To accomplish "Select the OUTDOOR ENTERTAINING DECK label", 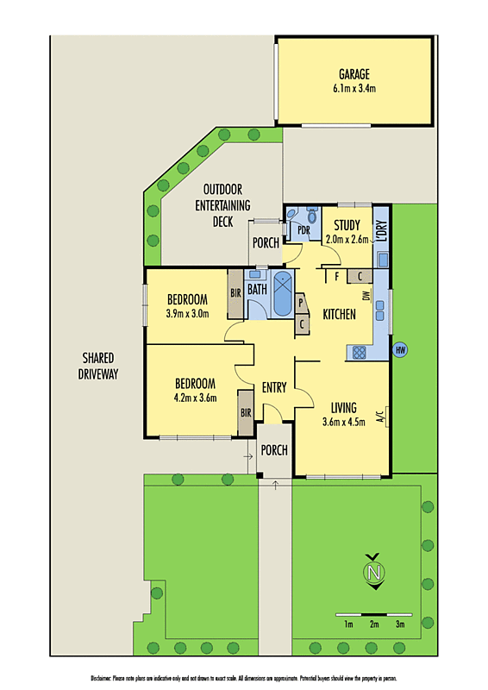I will click(227, 205).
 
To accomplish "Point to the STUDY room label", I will click(347, 227).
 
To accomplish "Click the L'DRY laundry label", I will click(382, 232).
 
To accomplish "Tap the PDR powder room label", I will click(303, 230).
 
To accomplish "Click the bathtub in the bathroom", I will click(283, 294).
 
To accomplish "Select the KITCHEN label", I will click(339, 316).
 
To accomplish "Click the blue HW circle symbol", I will click(400, 350).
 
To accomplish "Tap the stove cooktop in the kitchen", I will click(357, 351).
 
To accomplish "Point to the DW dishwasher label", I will click(367, 297).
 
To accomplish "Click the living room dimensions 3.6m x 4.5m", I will click(344, 422).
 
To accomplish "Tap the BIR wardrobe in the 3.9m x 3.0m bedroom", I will click(235, 292).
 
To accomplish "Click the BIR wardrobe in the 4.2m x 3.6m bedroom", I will click(246, 414).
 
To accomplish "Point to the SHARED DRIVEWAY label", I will click(100, 366).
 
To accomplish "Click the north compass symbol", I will click(373, 572).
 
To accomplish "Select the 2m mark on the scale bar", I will click(374, 624).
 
